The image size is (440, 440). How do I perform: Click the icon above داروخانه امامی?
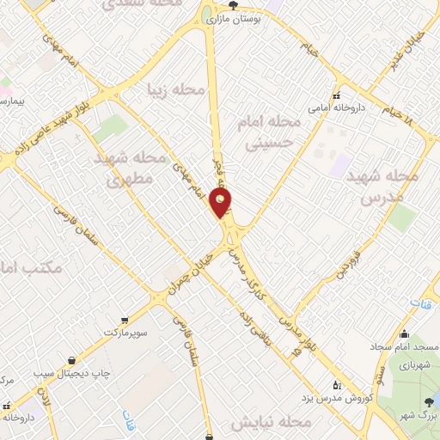(337, 95)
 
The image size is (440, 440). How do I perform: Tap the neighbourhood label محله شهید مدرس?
(379, 186)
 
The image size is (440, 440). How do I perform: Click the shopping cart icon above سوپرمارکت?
(125, 319)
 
